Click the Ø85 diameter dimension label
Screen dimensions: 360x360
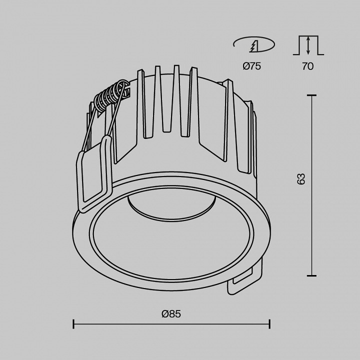(x=171, y=314)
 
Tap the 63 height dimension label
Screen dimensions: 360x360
(x=301, y=179)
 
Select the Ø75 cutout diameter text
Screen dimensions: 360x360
(x=252, y=66)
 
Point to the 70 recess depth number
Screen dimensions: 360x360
(x=307, y=66)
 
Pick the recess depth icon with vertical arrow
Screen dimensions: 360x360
(x=308, y=45)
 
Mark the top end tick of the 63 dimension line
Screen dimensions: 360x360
(x=312, y=95)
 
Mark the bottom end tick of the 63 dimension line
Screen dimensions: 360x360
(x=312, y=275)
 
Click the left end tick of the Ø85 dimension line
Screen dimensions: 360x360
(x=74, y=324)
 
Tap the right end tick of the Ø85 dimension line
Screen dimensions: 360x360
(x=270, y=324)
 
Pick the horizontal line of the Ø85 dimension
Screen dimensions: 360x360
(x=171, y=324)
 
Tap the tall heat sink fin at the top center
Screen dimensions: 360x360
(x=176, y=95)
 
